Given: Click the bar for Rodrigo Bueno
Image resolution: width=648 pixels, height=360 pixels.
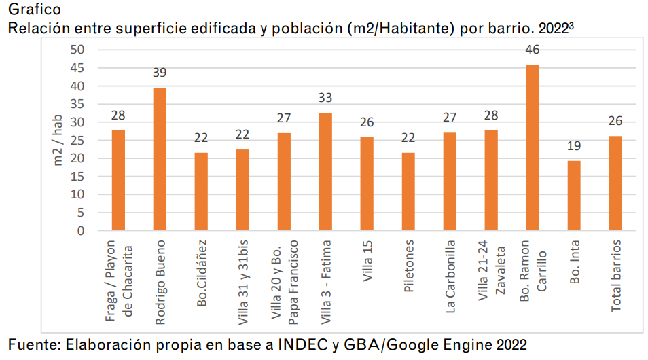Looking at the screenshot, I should [160, 160].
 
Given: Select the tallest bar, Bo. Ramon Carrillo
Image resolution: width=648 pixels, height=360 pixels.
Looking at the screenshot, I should [533, 148].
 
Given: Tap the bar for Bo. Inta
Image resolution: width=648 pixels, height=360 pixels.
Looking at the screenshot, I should [574, 196].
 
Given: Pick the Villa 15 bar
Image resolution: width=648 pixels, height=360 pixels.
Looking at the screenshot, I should [367, 183].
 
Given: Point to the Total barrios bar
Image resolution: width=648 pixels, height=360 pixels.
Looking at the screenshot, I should [615, 183].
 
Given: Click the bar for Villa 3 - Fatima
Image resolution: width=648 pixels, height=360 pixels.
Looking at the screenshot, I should [325, 172].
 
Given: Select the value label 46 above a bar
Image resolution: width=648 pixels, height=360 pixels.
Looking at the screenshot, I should [533, 50].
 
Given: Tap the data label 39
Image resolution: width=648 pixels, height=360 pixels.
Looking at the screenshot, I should [160, 73].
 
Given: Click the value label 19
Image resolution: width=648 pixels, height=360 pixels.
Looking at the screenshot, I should [574, 145].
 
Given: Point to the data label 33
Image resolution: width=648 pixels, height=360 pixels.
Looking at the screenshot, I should [325, 98].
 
